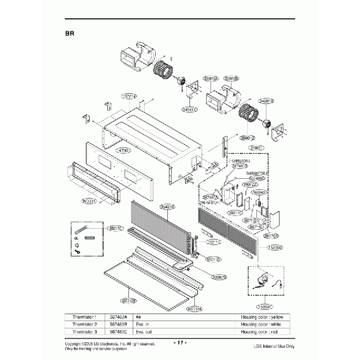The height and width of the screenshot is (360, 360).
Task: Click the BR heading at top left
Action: point(70,33)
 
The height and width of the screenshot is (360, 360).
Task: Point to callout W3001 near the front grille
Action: point(89,201)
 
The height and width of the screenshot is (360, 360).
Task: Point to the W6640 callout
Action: point(259,192)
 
